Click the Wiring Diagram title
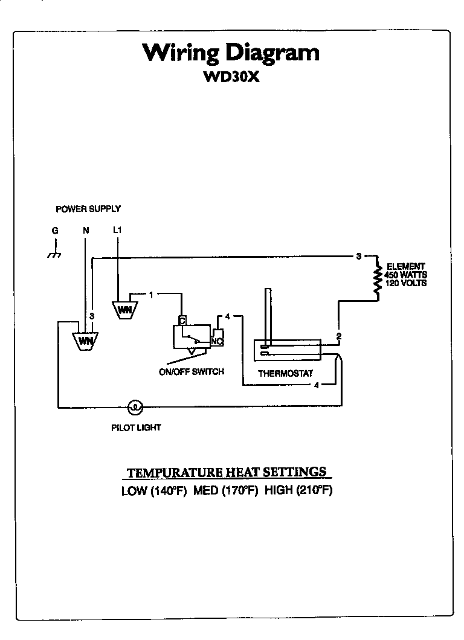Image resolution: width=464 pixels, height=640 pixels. coord(231,53)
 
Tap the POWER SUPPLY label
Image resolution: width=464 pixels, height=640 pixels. coord(88,209)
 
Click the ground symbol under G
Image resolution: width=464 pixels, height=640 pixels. coord(54,254)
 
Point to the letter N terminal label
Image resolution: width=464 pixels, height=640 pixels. coord(85,230)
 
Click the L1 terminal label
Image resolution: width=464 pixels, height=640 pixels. coord(117,230)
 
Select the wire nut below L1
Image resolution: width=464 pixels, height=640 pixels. coord(124,309)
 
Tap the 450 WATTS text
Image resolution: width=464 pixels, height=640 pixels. coord(406,275)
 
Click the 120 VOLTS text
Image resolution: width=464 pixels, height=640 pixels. coord(406,283)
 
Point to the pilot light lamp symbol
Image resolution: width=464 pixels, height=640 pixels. coord(135,406)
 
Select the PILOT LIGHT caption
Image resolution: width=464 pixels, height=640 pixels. coord(136,427)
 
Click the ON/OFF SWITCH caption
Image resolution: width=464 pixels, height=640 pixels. coord(191,372)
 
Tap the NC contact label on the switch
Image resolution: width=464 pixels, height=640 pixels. coord(216,341)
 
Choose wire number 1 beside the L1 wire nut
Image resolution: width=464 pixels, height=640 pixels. coord(151,294)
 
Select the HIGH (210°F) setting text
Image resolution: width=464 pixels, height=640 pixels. coord(298,490)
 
